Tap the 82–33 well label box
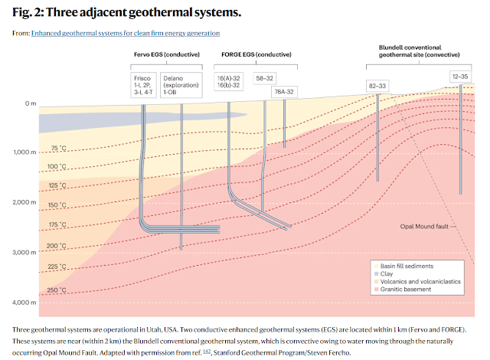377,87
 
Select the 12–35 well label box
460,76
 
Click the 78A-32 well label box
284,92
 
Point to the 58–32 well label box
265,78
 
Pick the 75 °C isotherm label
58,148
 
